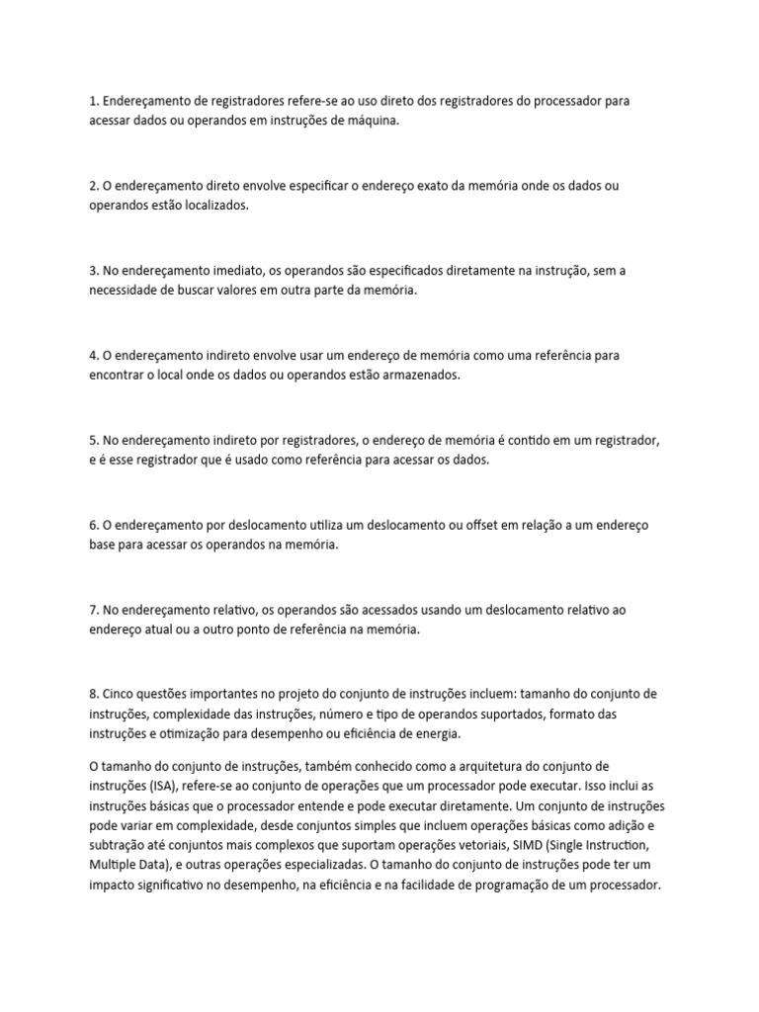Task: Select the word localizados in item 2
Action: [215, 206]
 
